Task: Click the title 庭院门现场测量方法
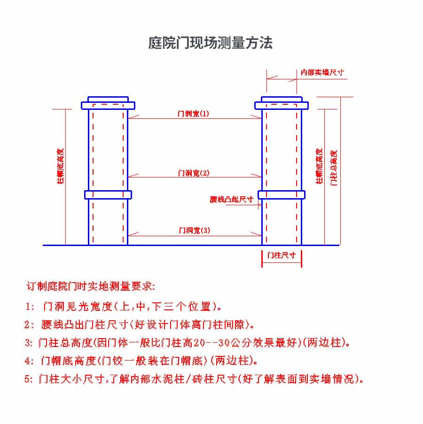(x=211, y=44)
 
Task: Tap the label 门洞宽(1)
(x=193, y=114)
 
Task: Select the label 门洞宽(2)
(x=194, y=173)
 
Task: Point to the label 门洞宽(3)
(x=194, y=231)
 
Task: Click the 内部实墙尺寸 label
(x=322, y=72)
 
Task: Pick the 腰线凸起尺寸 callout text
(x=232, y=200)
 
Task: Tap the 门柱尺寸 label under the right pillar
(x=282, y=255)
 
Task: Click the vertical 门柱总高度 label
(x=334, y=168)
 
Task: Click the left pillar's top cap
(x=108, y=103)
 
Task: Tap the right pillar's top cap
(x=282, y=103)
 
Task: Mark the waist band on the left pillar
(x=108, y=194)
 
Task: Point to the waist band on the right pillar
(x=282, y=194)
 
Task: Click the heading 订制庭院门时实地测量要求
(x=91, y=286)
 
